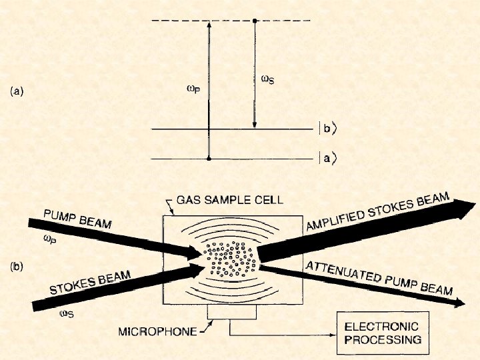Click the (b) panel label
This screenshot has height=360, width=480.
click(17, 267)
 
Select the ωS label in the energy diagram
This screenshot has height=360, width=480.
click(267, 79)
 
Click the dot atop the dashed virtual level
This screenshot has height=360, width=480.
click(255, 21)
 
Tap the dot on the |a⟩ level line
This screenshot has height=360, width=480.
click(209, 159)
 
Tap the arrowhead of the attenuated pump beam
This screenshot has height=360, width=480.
click(459, 302)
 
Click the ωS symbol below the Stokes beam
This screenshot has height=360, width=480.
click(67, 313)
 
